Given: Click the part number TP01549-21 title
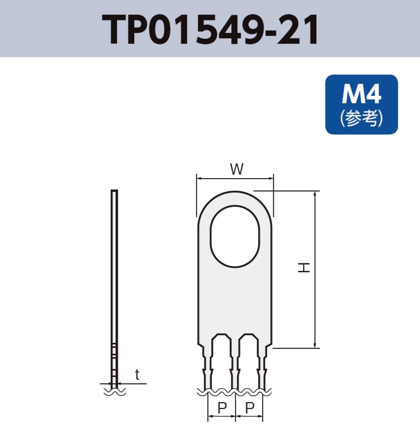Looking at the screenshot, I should (210, 30).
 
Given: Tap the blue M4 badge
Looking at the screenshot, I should (361, 104).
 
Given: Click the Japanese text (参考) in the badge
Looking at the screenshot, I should (361, 119).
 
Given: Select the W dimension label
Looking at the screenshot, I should (236, 169).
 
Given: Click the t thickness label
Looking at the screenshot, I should (137, 375).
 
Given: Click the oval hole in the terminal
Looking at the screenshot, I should (235, 237).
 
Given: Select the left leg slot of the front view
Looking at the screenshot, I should (221, 360).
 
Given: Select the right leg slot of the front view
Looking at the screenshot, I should (249, 360).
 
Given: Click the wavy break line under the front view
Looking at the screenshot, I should (234, 392).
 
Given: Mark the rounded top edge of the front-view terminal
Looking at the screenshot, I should (235, 192).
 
